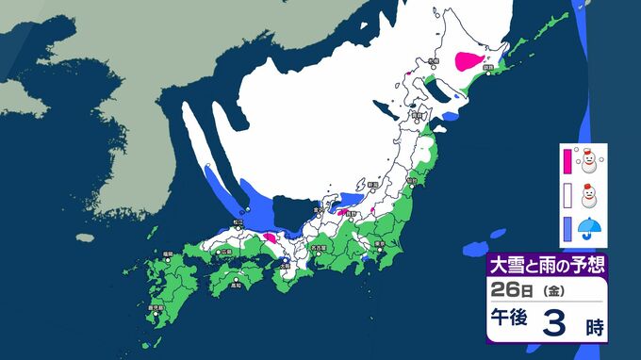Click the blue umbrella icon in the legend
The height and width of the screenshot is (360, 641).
click(x=589, y=227)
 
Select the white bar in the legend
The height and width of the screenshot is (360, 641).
click(x=567, y=194)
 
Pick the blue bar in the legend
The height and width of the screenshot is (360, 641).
click(x=567, y=227)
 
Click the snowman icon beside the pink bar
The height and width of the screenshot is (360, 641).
click(x=590, y=159)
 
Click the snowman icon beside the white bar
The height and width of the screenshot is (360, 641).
click(x=590, y=194)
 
